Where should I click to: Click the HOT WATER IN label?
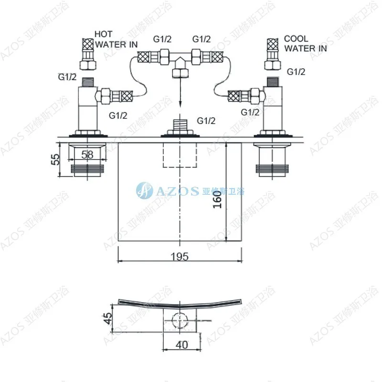116,39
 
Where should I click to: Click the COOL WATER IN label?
306,43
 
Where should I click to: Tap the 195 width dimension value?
180,256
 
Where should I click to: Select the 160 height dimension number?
218,199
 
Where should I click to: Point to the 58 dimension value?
87,154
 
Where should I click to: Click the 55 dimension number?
56,159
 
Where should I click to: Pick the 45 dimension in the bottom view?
108,318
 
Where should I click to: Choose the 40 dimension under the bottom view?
182,345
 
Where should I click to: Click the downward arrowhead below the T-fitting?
180,104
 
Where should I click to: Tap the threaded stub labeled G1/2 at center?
180,125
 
